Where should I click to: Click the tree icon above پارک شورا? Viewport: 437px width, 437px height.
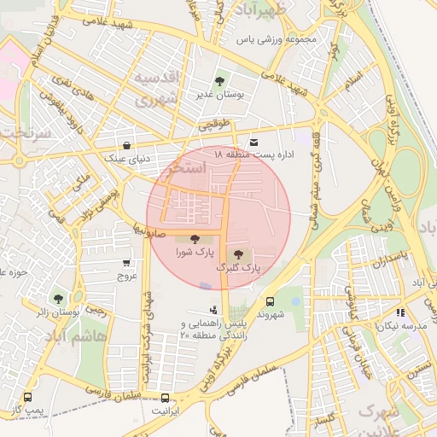pos(195,240)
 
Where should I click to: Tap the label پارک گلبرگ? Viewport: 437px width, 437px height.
pos(240,268)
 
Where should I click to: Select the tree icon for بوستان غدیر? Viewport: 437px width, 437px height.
pos(221,82)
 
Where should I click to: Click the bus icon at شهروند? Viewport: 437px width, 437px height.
pos(270,301)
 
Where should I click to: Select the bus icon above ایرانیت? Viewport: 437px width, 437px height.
pos(166,397)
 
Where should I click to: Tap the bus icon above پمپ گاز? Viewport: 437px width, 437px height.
pos(28,397)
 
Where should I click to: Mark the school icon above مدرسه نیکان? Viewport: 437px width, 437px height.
pos(400,313)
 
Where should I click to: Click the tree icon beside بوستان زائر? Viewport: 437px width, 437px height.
pos(57,299)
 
